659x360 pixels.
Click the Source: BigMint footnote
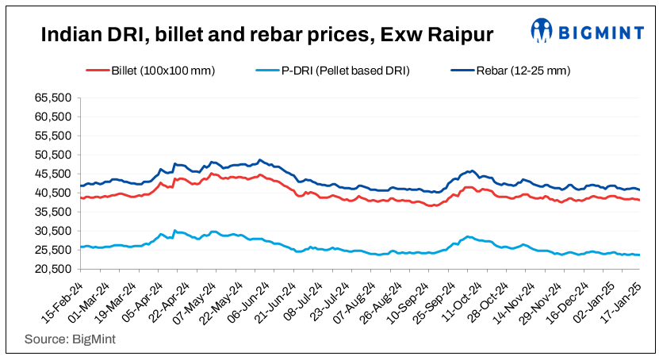tap(68, 339)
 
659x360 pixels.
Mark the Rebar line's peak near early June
tap(260, 159)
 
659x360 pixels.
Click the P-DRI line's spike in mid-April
tap(175, 230)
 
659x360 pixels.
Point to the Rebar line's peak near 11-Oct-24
tap(473, 170)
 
